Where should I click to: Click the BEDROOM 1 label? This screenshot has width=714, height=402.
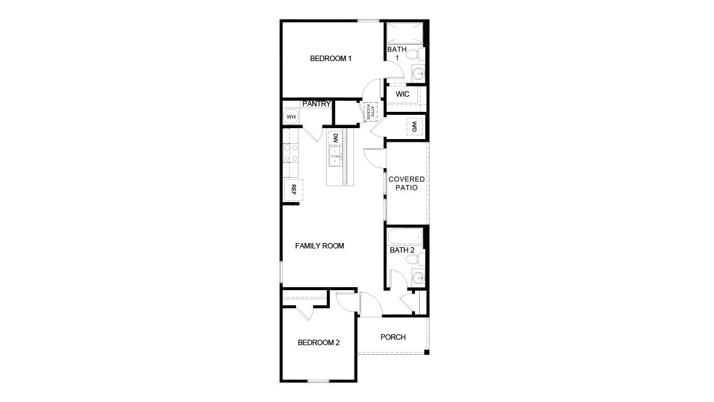(330, 59)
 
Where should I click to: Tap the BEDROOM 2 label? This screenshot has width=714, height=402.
(319, 343)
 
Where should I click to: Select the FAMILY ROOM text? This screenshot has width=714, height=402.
(320, 246)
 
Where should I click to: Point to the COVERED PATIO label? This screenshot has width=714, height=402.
(407, 184)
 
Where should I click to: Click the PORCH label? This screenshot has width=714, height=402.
(393, 337)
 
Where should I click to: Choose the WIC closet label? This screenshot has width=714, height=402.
(403, 95)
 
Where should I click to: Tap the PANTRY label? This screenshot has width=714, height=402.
(317, 104)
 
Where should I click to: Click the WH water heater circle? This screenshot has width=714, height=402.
(291, 117)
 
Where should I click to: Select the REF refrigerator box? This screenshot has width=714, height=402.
(294, 189)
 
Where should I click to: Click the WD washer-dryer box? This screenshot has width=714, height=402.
(415, 127)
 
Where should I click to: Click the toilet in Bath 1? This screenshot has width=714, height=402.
(413, 55)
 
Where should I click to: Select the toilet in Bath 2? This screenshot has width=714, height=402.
(413, 260)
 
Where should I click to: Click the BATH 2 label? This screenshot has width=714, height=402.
(402, 250)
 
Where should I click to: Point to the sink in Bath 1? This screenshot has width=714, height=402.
(417, 74)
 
